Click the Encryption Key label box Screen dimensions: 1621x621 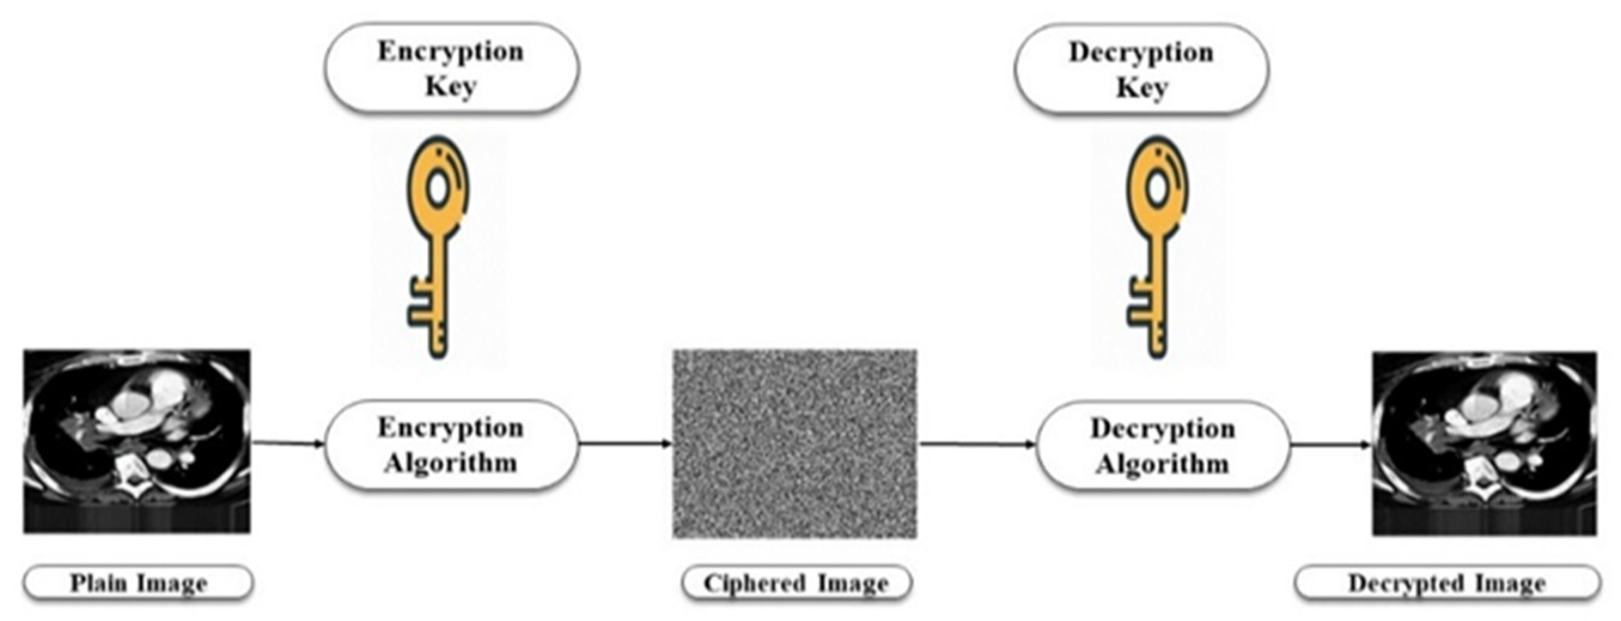point(451,68)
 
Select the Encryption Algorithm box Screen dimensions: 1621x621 point(451,445)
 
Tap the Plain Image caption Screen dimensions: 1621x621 point(138,583)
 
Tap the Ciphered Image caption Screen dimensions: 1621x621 point(796,583)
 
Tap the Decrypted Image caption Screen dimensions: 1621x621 point(1447,583)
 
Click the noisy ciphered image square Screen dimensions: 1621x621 point(795,443)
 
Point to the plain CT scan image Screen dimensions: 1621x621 point(137,441)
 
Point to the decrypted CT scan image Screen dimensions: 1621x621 point(1485,443)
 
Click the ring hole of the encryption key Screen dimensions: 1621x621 point(438,187)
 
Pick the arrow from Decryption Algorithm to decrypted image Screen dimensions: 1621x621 point(1330,446)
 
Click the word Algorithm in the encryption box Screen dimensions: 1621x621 point(451,464)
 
